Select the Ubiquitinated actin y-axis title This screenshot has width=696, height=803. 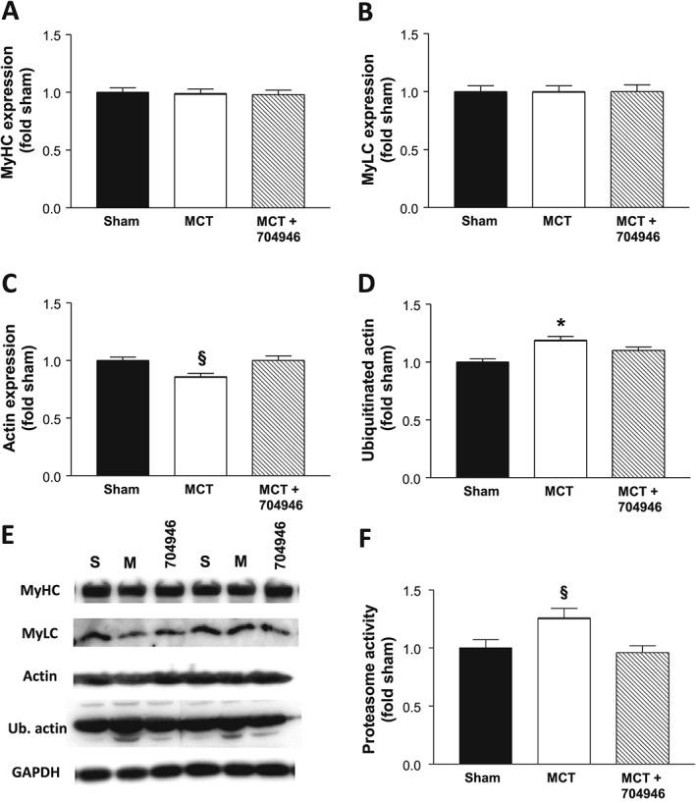(x=370, y=391)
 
